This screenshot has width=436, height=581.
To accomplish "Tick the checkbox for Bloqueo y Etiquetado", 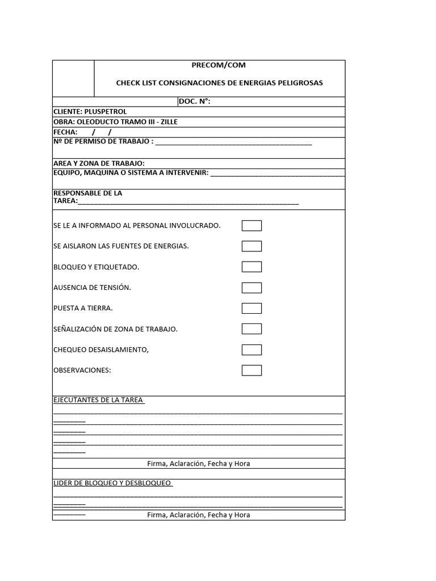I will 251,267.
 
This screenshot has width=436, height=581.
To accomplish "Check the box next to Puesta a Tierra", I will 251,308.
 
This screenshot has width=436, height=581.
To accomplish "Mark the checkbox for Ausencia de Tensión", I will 251,288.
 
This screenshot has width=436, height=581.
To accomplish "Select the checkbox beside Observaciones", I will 251,371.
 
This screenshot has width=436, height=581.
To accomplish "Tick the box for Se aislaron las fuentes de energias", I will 251,246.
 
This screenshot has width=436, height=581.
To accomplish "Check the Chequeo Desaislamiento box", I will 251,350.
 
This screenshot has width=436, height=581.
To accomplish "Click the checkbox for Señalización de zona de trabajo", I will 251,329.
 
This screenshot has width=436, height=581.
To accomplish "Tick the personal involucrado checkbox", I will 251,226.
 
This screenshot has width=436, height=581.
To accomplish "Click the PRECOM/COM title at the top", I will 219,65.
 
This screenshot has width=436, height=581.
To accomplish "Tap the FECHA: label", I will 65,132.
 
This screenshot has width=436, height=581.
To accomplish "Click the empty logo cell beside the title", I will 73,78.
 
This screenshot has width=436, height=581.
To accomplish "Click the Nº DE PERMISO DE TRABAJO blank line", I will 233,142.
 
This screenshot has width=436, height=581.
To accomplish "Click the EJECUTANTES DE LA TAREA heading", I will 98,400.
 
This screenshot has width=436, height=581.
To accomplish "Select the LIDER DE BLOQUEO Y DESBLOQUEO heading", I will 112,483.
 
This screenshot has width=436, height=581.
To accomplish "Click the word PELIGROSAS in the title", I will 303,83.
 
